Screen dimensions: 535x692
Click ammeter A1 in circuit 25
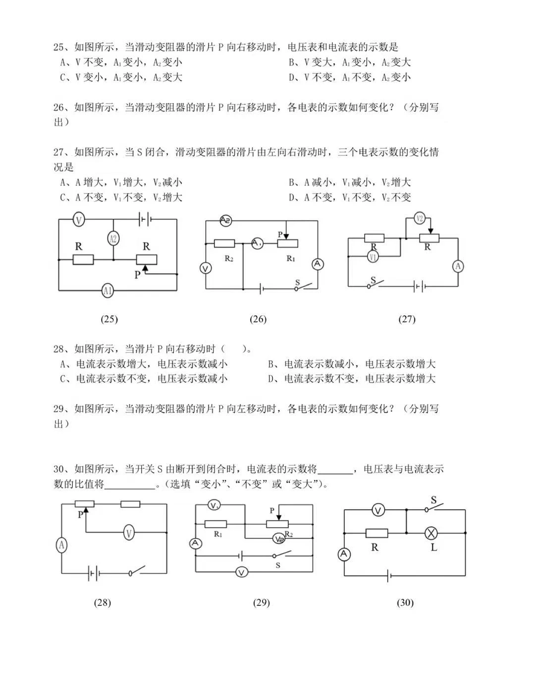[x=107, y=291]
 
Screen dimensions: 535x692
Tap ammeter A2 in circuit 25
[x=113, y=239]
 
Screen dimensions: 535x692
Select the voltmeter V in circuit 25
[x=79, y=219]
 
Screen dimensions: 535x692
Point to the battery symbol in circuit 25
[x=145, y=219]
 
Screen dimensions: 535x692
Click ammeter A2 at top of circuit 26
[x=225, y=220]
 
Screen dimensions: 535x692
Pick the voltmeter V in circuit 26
[x=206, y=268]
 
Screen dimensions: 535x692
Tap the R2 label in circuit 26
[x=228, y=258]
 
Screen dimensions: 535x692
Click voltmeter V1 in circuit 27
[x=374, y=256]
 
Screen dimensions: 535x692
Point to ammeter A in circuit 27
[x=458, y=266]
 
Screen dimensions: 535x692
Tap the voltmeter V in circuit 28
[x=129, y=533]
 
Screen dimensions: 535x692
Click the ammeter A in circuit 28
[x=61, y=545]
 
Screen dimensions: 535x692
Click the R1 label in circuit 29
[x=218, y=534]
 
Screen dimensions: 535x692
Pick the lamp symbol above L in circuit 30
[x=431, y=533]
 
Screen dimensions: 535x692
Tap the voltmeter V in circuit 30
[x=378, y=510]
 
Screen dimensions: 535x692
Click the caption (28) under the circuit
[x=102, y=602]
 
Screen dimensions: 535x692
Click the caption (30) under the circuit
[x=405, y=602]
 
